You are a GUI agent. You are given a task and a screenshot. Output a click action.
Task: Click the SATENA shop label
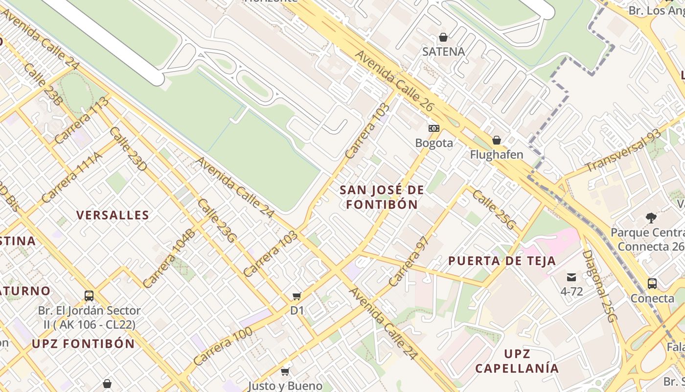tap(443, 51)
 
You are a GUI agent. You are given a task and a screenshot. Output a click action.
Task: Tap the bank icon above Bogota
tap(434, 128)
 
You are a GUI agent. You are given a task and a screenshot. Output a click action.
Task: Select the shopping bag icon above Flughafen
tap(497, 141)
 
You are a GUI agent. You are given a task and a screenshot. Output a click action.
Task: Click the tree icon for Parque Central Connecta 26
tap(651, 218)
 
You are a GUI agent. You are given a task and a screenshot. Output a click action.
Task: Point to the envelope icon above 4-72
tap(571, 277)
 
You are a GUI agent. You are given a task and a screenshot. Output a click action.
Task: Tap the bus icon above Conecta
tap(652, 283)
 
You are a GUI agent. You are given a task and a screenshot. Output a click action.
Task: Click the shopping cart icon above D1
tap(297, 296)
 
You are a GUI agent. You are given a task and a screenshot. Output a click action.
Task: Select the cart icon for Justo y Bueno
tap(285, 371)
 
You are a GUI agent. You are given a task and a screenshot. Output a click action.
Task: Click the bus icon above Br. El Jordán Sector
tap(89, 296)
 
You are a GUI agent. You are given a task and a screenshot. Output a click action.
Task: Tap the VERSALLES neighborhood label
tap(113, 215)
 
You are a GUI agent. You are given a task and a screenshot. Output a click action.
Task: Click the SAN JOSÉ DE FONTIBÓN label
tap(382, 197)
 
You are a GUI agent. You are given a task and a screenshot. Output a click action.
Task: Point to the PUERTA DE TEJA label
tap(502, 261)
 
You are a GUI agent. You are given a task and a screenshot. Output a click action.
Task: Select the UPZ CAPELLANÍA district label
tap(517, 361)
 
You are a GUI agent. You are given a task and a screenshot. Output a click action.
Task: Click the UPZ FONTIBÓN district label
tap(83, 343)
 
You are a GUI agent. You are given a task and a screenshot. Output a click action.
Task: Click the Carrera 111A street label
tap(72, 177)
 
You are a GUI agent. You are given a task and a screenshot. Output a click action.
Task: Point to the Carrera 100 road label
tap(223, 346)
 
